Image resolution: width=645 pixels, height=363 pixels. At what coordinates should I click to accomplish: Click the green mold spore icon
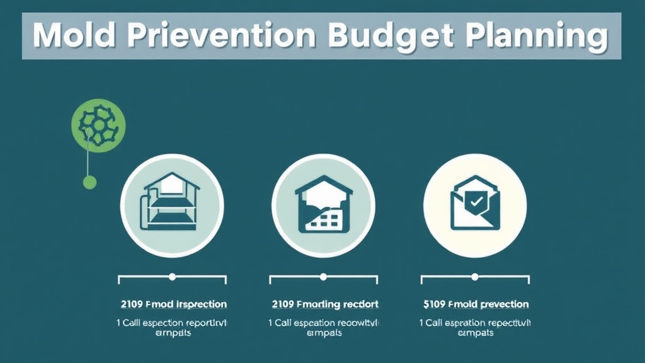click(98, 125)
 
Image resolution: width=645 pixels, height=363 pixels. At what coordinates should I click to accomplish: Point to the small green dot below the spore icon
click(90, 183)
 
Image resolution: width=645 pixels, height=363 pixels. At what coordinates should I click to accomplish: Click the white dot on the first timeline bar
click(172, 277)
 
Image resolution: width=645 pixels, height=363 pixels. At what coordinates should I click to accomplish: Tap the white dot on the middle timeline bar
click(323, 277)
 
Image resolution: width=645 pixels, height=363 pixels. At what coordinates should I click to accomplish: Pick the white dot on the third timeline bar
click(474, 277)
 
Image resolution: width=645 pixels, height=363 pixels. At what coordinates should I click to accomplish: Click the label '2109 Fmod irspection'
click(173, 304)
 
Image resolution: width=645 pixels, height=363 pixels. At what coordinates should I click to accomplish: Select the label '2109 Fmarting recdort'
click(325, 304)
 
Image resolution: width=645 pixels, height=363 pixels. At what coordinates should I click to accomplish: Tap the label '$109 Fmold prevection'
click(476, 304)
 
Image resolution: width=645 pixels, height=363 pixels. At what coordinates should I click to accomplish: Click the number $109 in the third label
click(435, 304)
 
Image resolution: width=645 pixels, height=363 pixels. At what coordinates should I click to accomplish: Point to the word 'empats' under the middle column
click(324, 333)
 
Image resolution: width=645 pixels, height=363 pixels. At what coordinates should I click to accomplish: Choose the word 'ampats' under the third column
click(475, 333)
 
